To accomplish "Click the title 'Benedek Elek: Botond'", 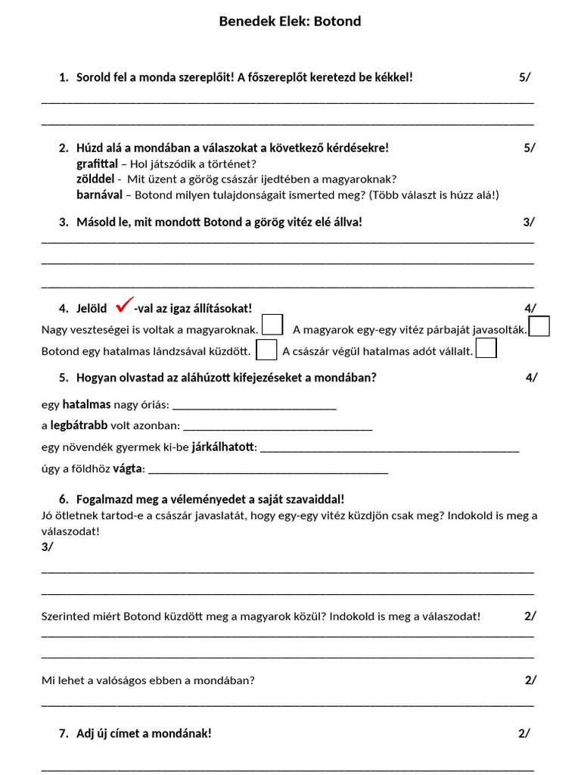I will point(290,21).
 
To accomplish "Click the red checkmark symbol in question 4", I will point(125,307).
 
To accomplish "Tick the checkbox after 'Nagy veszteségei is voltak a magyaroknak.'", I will point(272,325).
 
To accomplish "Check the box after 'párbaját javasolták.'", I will point(539,326).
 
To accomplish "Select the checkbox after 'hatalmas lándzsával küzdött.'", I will point(266,350).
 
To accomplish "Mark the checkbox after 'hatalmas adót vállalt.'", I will point(486,348).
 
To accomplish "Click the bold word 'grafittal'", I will point(97,163).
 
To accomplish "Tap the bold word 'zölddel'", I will point(95,179).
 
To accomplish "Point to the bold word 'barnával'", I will point(99,195).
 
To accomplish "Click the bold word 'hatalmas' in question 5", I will point(86,405).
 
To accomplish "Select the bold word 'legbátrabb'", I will point(79,425).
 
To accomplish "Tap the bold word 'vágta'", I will point(127,468).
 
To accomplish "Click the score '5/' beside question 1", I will point(524,77).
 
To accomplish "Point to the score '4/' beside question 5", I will point(531,378).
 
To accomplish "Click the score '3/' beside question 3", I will point(528,222).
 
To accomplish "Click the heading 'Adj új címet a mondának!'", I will point(144,733).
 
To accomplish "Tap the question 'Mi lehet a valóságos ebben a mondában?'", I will point(148,680).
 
